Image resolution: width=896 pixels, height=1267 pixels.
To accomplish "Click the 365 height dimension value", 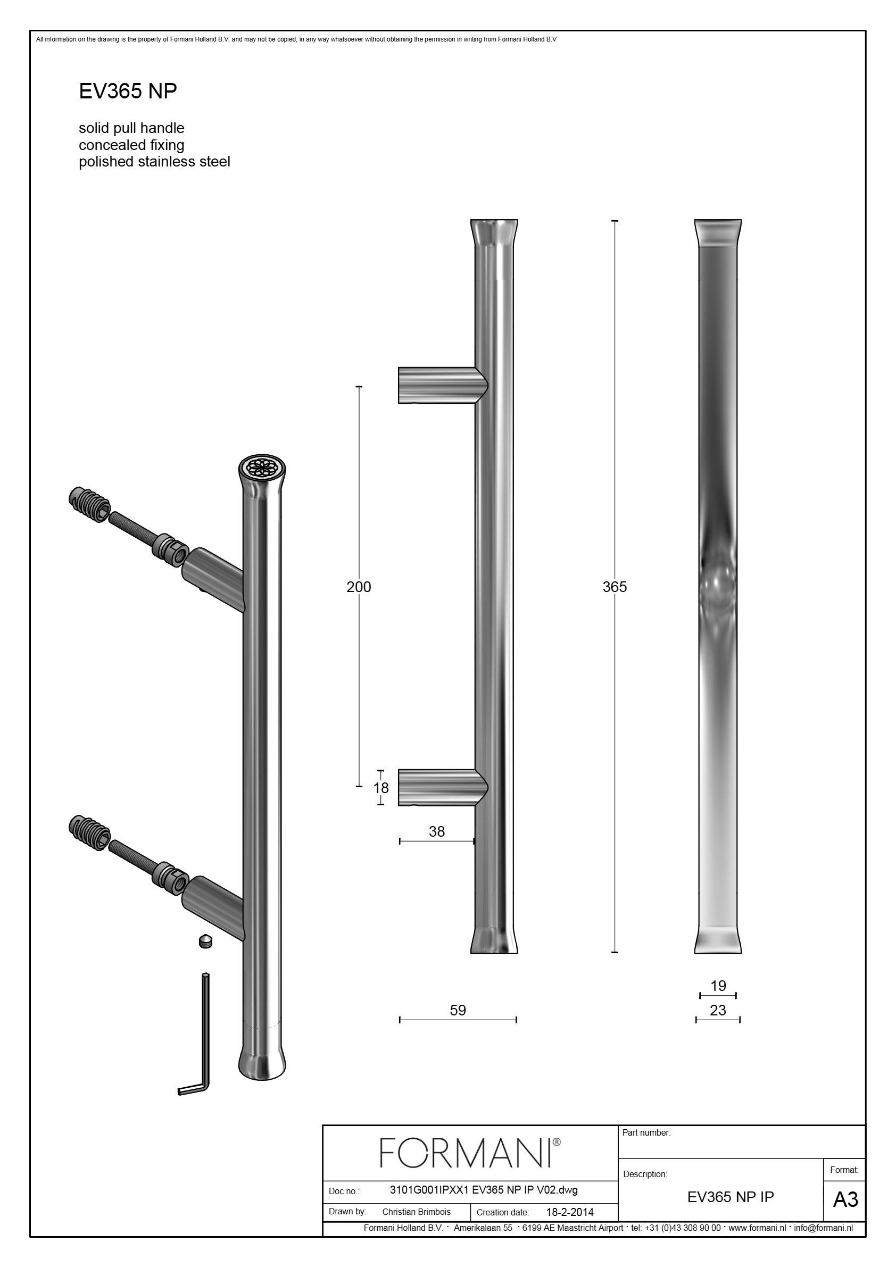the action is pyautogui.click(x=615, y=587).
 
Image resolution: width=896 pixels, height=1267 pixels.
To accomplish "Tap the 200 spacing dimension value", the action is pyautogui.click(x=359, y=587).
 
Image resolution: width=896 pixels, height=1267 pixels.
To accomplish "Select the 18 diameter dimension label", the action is pyautogui.click(x=381, y=787).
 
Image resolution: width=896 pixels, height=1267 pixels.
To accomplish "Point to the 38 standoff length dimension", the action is pyautogui.click(x=437, y=831).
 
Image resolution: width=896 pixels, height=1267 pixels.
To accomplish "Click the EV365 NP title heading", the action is pyautogui.click(x=128, y=91).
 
